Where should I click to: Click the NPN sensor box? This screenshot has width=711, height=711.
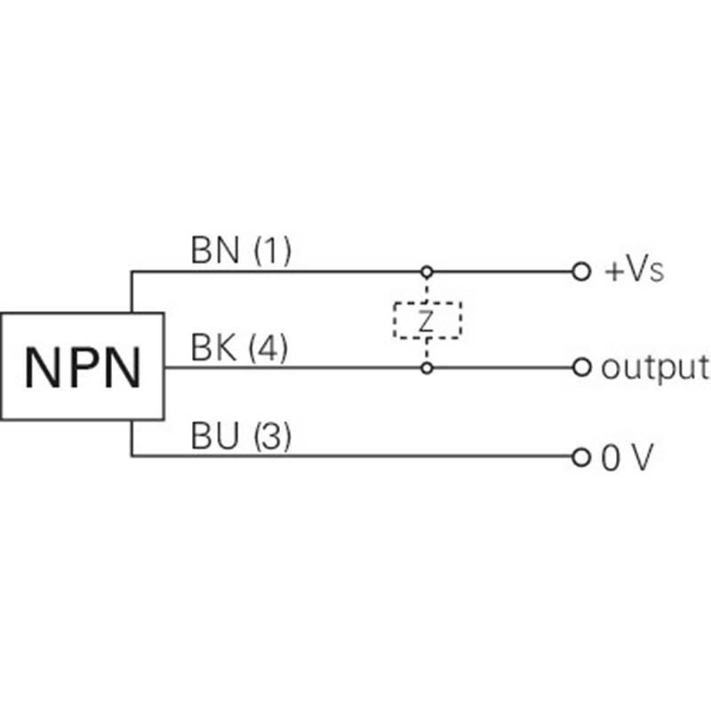click(82, 365)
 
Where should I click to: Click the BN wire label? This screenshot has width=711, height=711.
click(216, 252)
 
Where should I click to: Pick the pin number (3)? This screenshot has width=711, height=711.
click(271, 438)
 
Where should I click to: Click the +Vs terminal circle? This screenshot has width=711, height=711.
click(581, 271)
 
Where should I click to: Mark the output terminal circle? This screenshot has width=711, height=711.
click(581, 366)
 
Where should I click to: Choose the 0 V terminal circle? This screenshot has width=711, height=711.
click(581, 458)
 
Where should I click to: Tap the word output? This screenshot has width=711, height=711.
click(655, 367)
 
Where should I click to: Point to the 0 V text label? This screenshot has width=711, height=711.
click(627, 458)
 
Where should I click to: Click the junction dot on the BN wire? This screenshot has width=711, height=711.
click(427, 271)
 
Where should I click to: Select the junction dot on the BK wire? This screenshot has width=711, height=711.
click(427, 366)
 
